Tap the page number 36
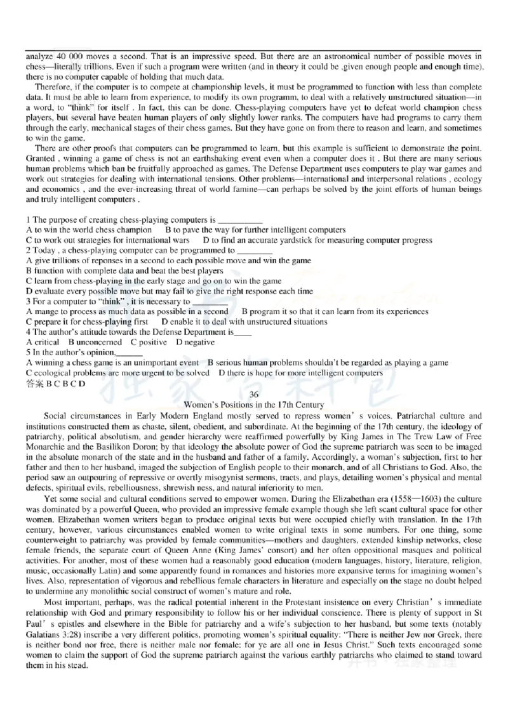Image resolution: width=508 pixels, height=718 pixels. (x=253, y=395)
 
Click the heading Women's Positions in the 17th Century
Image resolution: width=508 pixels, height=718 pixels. (x=253, y=405)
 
